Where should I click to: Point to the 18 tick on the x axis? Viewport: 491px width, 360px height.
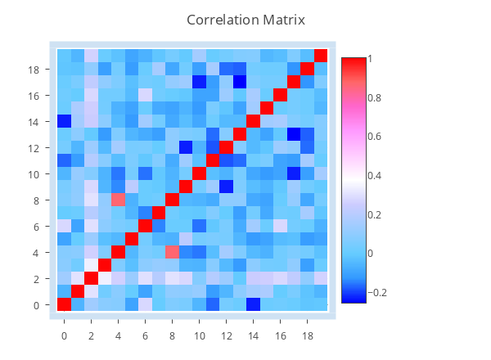[308, 335]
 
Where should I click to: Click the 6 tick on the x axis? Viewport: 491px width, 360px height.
[145, 335]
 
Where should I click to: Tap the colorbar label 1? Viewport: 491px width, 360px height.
[372, 59]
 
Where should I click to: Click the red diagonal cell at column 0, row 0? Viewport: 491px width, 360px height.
[64, 304]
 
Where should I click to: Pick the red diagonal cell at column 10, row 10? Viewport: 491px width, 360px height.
[199, 173]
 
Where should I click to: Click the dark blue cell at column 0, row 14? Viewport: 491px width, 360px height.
[64, 121]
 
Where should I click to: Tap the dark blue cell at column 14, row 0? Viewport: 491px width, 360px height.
[253, 304]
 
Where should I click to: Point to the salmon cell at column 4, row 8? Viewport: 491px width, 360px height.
[118, 200]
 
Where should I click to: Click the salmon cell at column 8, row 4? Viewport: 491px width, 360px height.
[172, 252]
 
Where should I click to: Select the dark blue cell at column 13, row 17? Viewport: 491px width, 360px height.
[240, 82]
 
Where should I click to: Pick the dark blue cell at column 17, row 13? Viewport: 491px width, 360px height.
[294, 134]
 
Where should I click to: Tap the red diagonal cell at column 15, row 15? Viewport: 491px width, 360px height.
[267, 108]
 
